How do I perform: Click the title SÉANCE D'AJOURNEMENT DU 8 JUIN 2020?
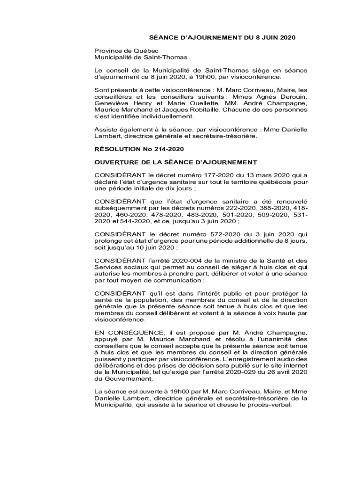point(216,37)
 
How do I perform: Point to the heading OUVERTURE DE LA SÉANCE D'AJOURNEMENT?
point(175,162)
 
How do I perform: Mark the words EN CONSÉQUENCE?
point(125,332)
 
